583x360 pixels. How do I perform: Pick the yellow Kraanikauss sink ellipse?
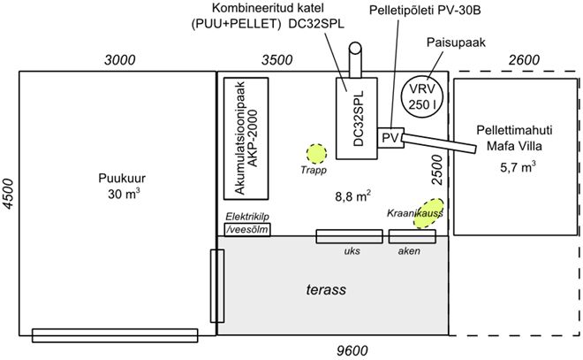click(426, 215)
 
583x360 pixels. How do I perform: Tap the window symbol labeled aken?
click(410, 236)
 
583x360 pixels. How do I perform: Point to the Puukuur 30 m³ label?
click(117, 187)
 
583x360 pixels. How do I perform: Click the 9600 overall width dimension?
click(352, 351)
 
